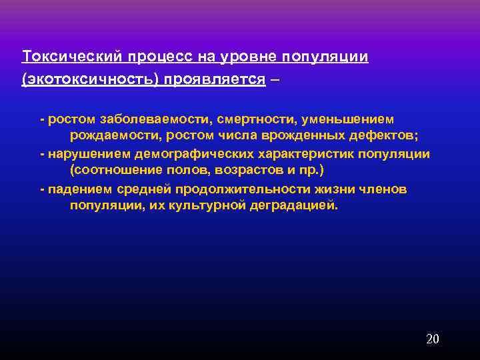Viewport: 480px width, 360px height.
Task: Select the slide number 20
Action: tap(433, 339)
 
